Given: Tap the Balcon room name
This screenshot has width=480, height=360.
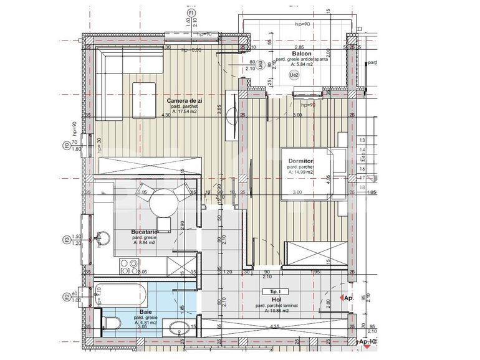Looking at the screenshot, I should tap(301, 54).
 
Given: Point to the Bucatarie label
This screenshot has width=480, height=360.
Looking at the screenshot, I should tap(144, 231).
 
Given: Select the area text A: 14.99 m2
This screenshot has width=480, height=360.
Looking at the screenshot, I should tap(300, 173).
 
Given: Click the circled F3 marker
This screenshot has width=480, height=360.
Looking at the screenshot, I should tap(67, 239).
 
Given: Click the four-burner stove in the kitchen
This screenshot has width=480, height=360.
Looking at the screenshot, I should tap(129, 267).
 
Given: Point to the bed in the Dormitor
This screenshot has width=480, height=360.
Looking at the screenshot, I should tap(312, 173).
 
